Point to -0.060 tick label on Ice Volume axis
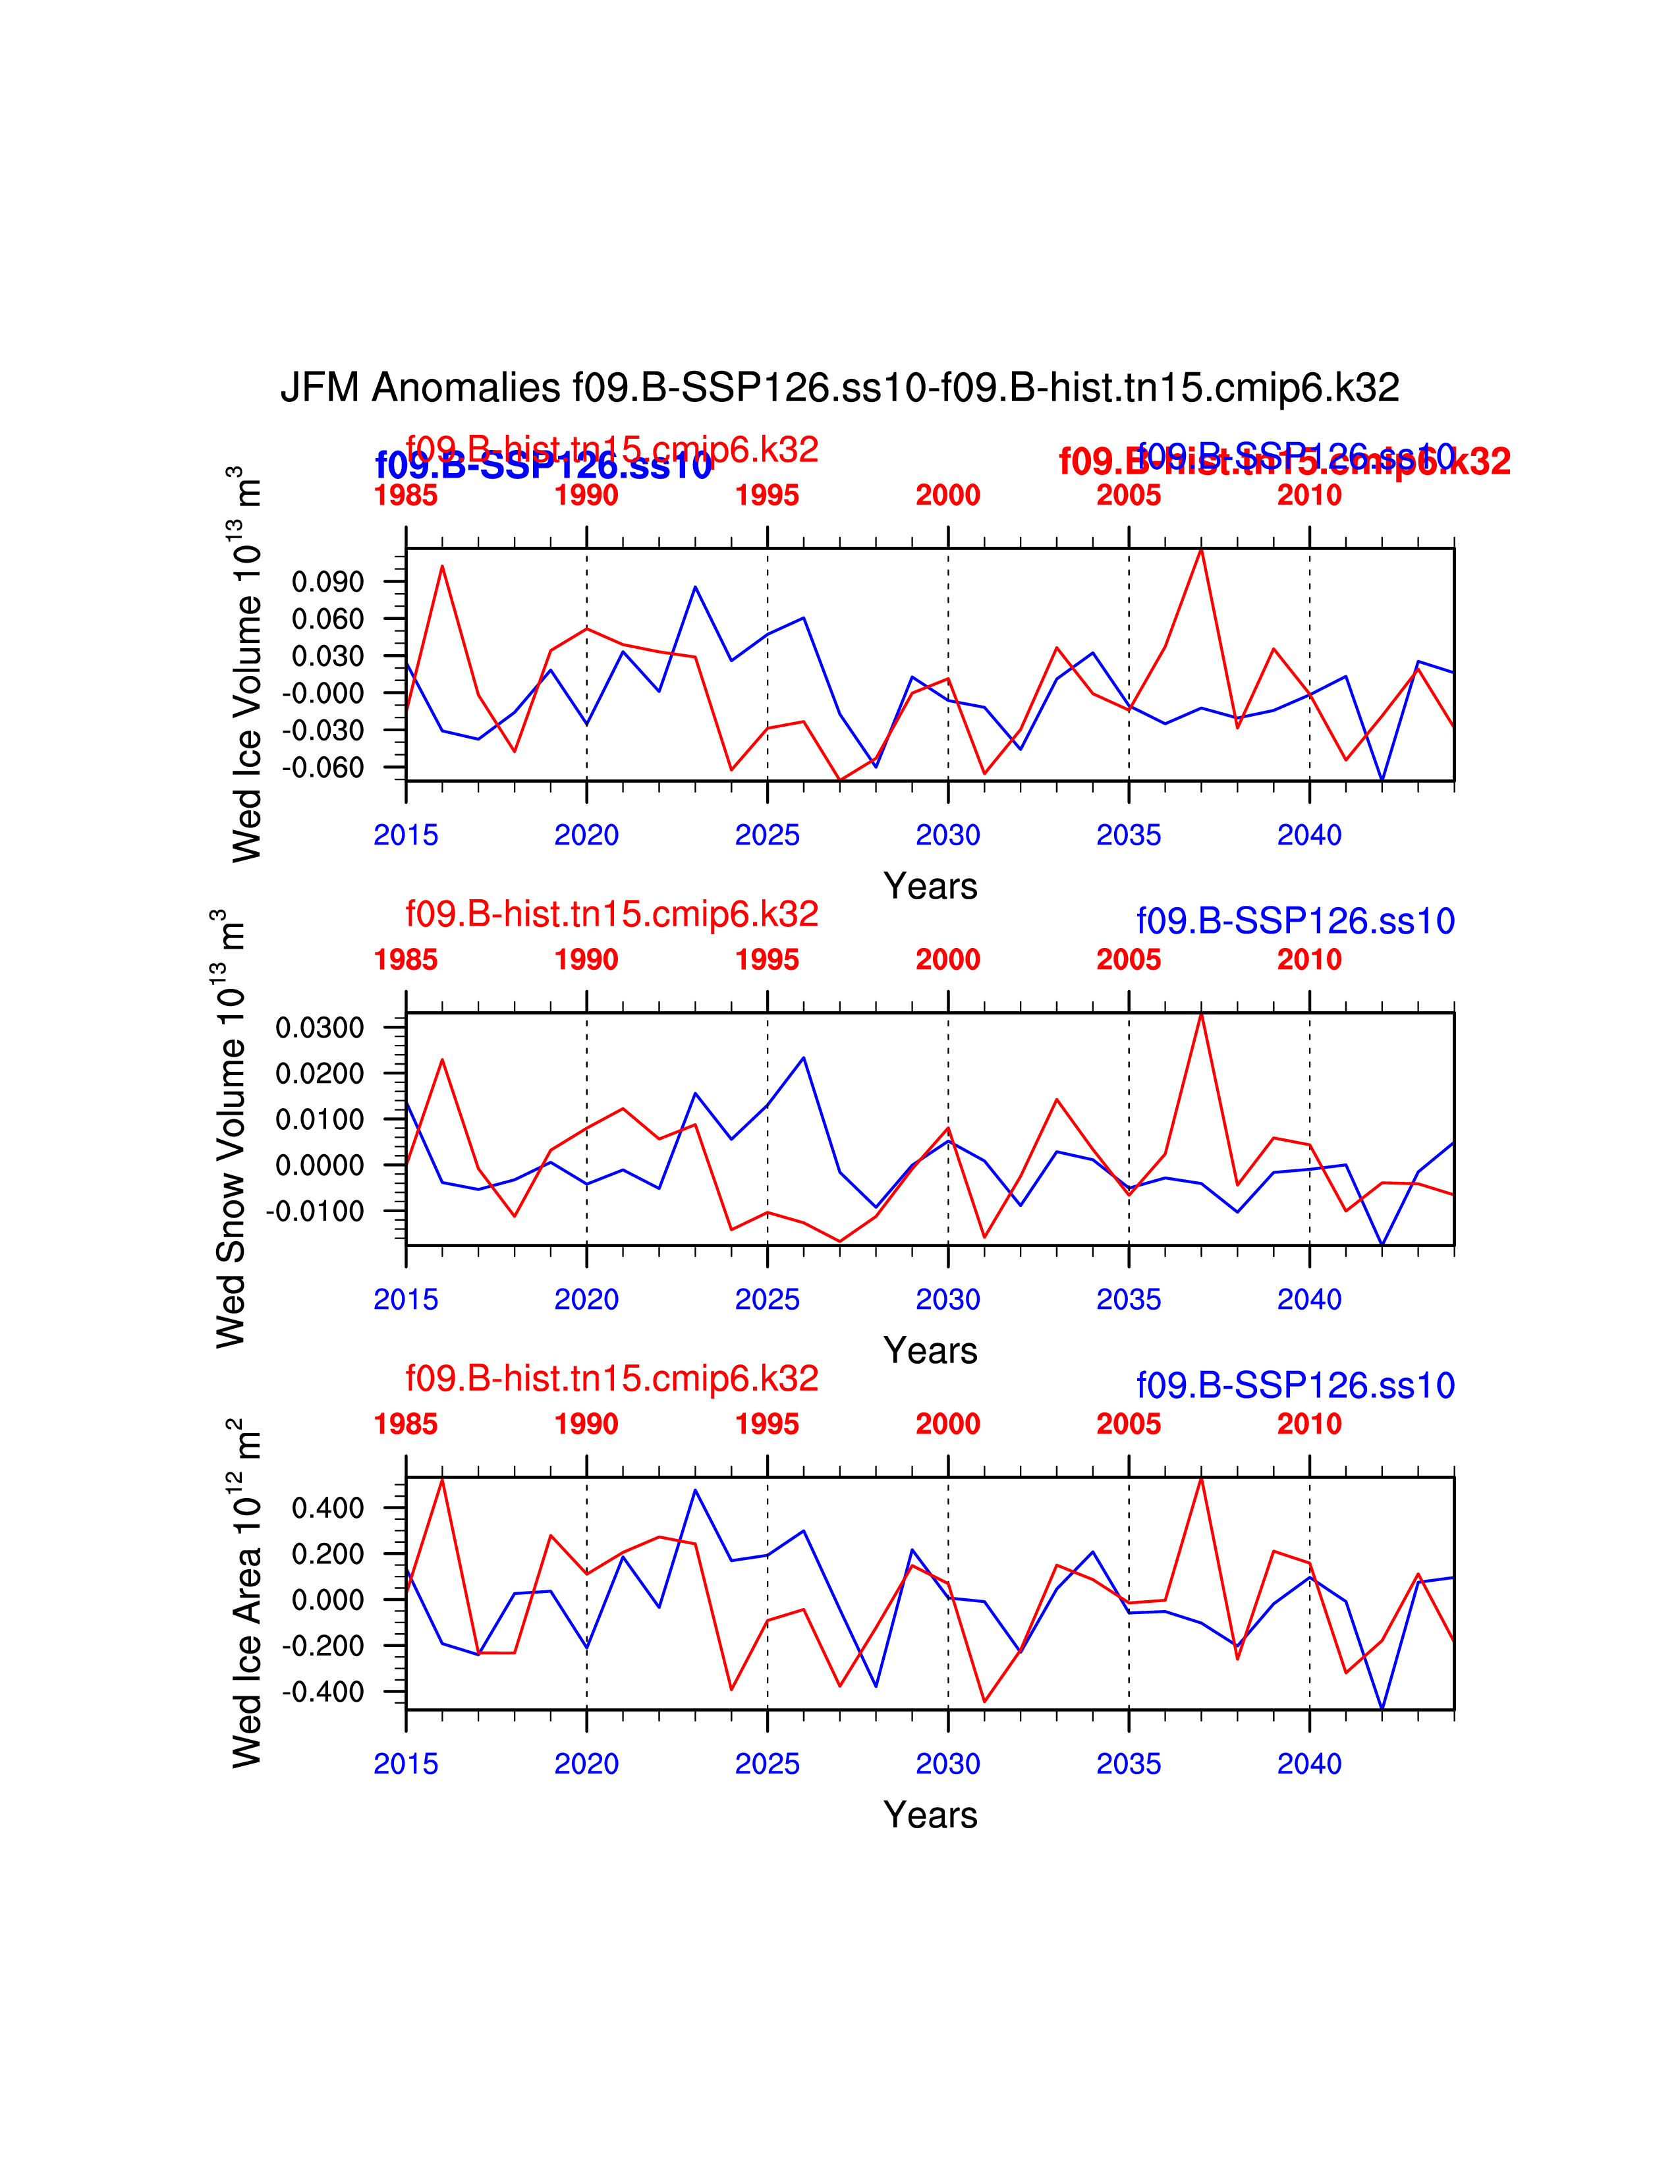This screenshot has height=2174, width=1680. (323, 767)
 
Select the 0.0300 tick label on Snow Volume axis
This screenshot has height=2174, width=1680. (320, 1027)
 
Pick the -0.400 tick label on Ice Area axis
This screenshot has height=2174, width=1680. (323, 1692)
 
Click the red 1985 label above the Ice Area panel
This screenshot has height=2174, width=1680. (405, 1424)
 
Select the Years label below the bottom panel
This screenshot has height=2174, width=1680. (930, 1816)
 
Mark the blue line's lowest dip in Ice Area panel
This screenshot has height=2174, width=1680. (1382, 1709)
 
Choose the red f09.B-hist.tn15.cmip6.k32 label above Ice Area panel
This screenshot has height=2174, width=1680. (611, 1379)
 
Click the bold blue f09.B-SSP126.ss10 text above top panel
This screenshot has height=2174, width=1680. (544, 466)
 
